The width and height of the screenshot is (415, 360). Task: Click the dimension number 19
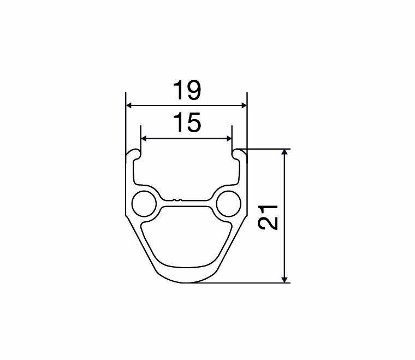[x=187, y=91]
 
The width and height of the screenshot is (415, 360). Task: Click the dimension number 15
[x=187, y=122]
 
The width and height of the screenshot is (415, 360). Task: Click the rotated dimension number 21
[x=268, y=217]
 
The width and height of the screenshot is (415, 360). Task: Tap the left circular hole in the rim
[x=144, y=204]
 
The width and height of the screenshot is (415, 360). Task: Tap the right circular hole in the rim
[x=229, y=204]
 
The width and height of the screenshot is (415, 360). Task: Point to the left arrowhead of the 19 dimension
[x=129, y=105]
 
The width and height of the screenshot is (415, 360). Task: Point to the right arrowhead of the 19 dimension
[x=244, y=105]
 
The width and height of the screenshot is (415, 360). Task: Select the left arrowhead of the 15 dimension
[x=144, y=138]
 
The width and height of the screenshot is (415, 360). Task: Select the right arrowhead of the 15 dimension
[x=229, y=138]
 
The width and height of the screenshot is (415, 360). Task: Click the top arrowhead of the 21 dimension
[x=284, y=152]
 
